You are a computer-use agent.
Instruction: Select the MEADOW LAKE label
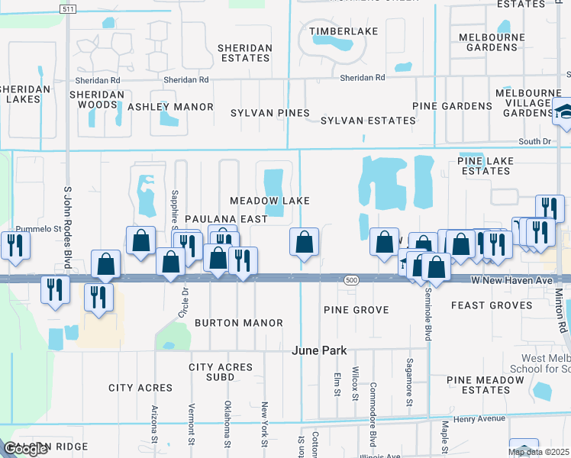pyautogui.click(x=270, y=200)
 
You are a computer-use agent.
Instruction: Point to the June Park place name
pyautogui.click(x=320, y=350)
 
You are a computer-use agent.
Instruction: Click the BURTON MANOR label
pyautogui.click(x=228, y=323)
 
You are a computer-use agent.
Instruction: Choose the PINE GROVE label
pyautogui.click(x=356, y=310)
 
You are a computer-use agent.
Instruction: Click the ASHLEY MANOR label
pyautogui.click(x=170, y=107)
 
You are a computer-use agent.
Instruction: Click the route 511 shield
pyautogui.click(x=67, y=8)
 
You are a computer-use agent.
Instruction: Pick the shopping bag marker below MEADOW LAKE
pyautogui.click(x=305, y=242)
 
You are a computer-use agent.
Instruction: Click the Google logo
pyautogui.click(x=25, y=449)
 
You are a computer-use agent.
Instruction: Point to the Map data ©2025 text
pyautogui.click(x=538, y=452)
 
